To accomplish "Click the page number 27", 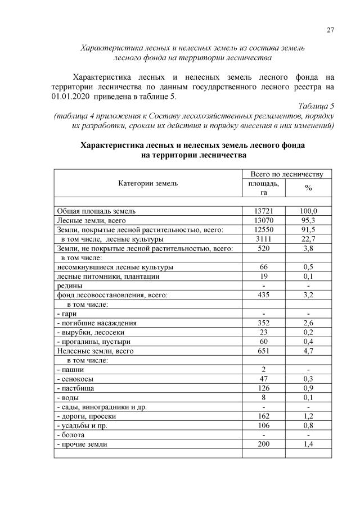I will click(x=330, y=30).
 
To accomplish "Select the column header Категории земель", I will click(x=148, y=183).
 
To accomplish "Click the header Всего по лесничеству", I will click(x=286, y=174).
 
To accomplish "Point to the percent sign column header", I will click(x=308, y=188).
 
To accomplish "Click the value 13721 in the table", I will click(x=263, y=211).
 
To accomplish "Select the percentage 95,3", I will click(x=308, y=221).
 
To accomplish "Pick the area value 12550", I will click(x=263, y=230).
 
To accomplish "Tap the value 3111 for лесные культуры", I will click(x=263, y=239).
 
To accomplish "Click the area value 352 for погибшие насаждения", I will click(x=263, y=323).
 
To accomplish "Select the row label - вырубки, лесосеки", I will click(x=87, y=332).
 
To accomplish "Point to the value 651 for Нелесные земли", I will click(x=263, y=351).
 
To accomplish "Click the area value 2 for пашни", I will click(x=263, y=370).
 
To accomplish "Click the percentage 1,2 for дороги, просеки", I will click(x=308, y=416).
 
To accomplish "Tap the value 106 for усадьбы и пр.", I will click(x=263, y=425).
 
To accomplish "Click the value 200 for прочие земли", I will click(x=263, y=444).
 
